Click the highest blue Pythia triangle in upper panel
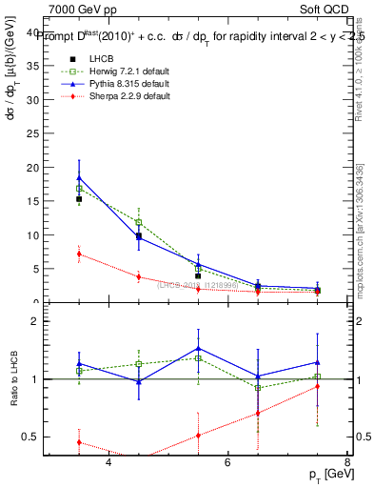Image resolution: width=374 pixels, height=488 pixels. click(79, 177)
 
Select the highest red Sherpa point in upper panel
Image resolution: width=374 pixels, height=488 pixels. click(79, 254)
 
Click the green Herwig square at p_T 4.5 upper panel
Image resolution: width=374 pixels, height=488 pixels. click(139, 222)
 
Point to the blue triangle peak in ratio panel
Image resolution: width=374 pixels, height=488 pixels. click(198, 347)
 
